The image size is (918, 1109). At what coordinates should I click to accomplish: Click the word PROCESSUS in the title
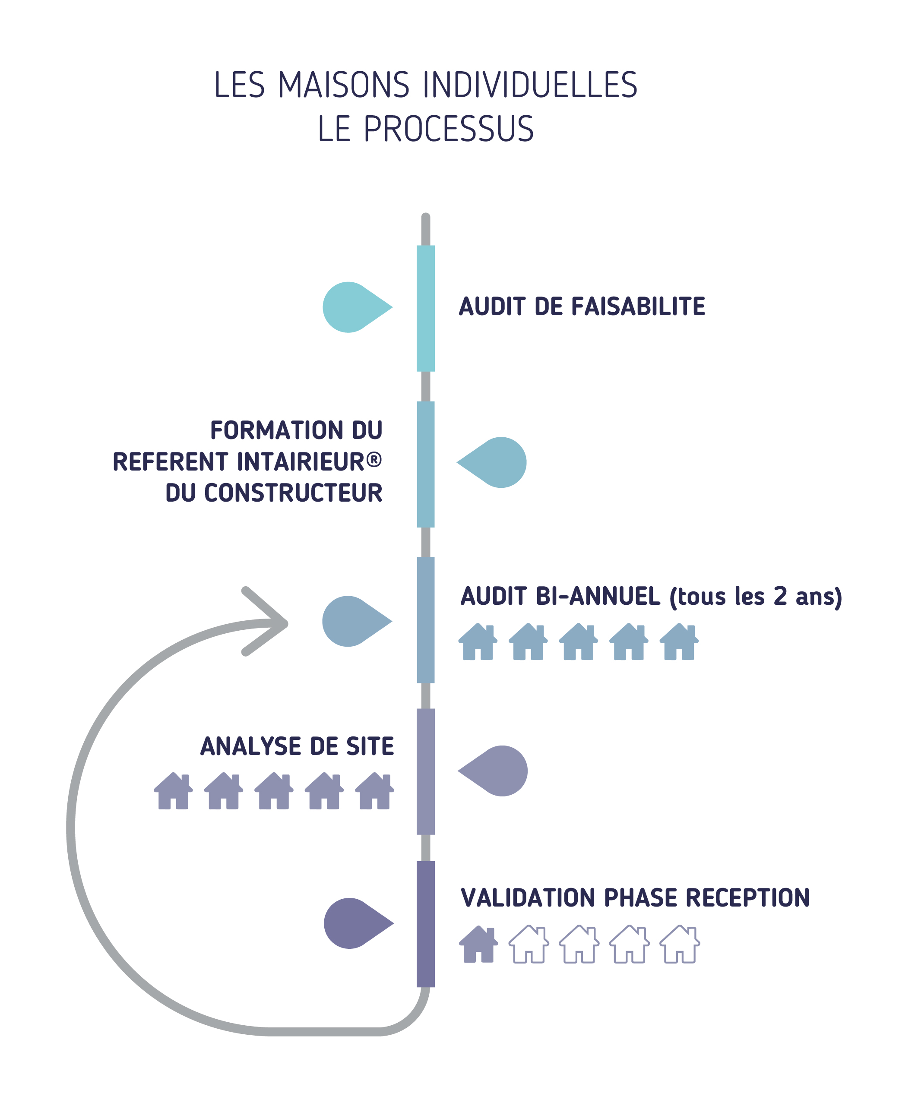pos(449,129)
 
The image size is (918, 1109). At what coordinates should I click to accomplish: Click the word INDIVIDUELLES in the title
pos(530,85)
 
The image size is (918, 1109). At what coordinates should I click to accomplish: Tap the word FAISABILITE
pos(638,306)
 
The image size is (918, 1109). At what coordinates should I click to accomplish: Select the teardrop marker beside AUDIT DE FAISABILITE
pos(357,307)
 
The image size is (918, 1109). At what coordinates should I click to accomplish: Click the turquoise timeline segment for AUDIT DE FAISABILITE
pos(426,308)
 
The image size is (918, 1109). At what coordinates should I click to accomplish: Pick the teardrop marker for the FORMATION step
pos(492,462)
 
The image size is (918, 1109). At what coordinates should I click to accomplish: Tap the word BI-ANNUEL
pos(598,596)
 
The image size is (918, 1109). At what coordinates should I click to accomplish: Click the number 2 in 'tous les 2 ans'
pos(781,596)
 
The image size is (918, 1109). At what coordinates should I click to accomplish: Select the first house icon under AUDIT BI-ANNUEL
pos(478,641)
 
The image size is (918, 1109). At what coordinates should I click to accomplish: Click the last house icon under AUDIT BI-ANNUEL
pos(679,641)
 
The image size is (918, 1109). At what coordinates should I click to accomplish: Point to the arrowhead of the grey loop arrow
pos(286,624)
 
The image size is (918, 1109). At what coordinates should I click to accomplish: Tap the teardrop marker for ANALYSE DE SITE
pos(493,771)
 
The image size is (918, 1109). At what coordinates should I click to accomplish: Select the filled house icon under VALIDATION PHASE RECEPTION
pos(478,944)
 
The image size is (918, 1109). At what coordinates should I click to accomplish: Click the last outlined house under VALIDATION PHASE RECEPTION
pos(679,944)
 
